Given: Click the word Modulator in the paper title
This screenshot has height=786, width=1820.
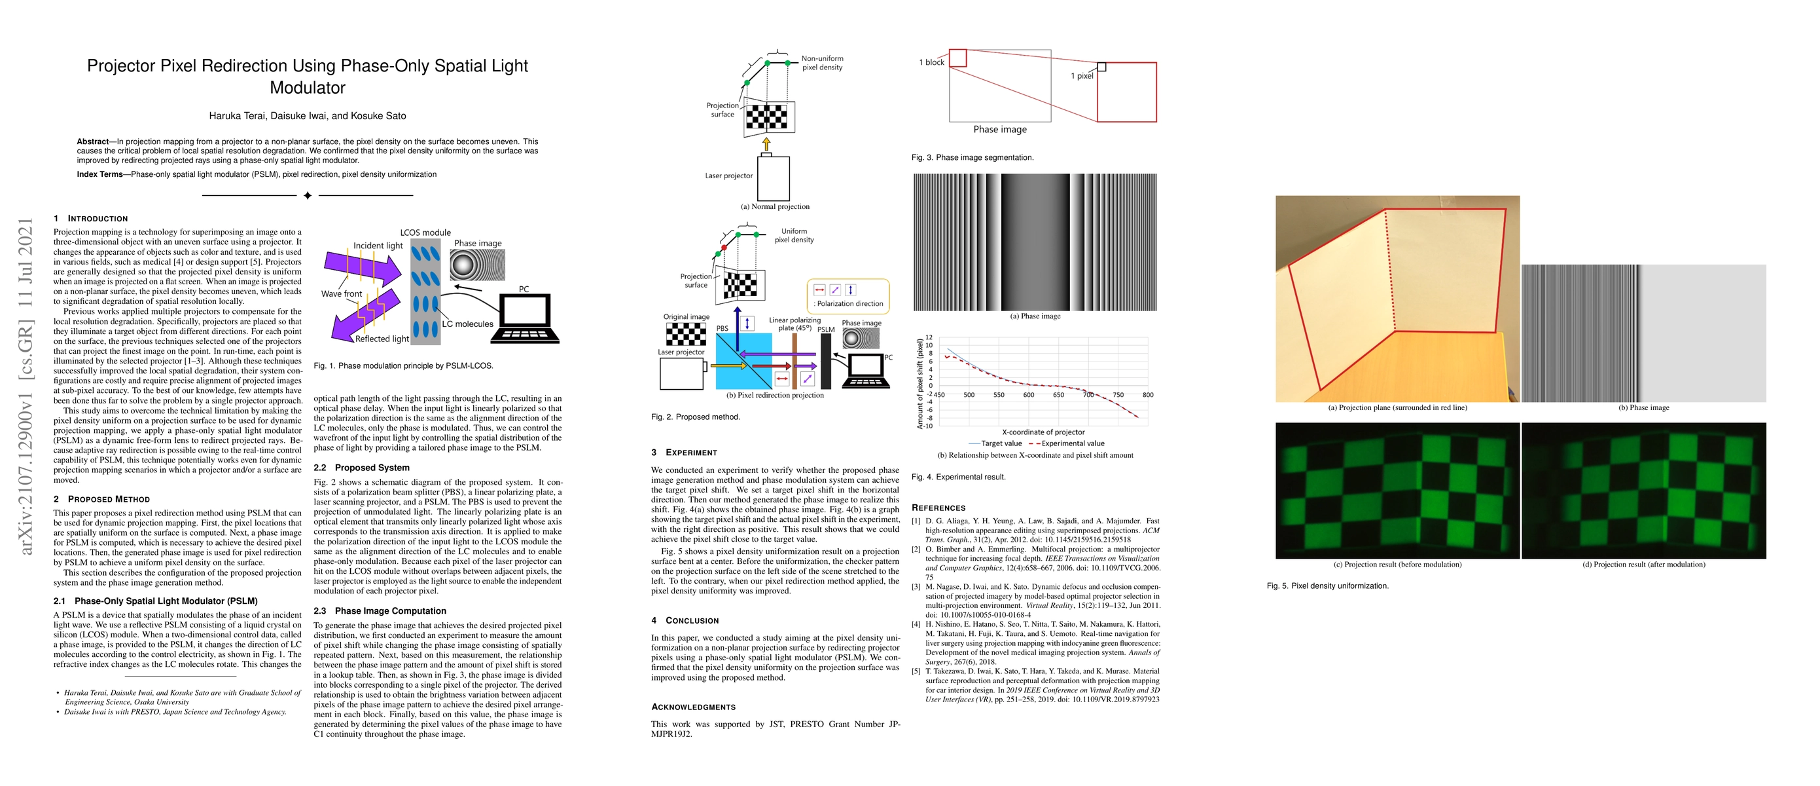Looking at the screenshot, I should (x=308, y=88).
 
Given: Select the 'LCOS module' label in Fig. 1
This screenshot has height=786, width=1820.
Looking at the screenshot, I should (x=425, y=233).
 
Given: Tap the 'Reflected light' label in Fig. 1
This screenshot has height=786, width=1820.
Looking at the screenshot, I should (x=382, y=339).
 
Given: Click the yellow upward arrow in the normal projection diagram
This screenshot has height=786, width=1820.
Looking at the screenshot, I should (x=766, y=144).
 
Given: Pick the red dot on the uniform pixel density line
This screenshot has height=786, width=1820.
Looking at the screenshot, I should (x=723, y=248).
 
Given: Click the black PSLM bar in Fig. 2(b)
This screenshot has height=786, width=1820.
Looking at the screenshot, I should (x=825, y=360).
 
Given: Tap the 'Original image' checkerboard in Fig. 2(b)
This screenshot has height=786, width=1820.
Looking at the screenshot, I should (x=686, y=333).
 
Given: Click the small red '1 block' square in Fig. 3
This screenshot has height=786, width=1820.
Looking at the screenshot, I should (x=957, y=58).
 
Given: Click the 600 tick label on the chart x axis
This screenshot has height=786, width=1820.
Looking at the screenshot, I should (x=1028, y=395).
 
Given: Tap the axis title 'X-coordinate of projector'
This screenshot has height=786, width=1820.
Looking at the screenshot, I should (x=1043, y=432).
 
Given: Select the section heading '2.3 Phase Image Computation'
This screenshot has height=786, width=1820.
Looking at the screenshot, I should (x=380, y=611).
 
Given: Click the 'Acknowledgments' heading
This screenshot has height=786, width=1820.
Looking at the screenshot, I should (x=693, y=707).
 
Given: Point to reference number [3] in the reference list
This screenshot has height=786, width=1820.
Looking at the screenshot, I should (x=916, y=587).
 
